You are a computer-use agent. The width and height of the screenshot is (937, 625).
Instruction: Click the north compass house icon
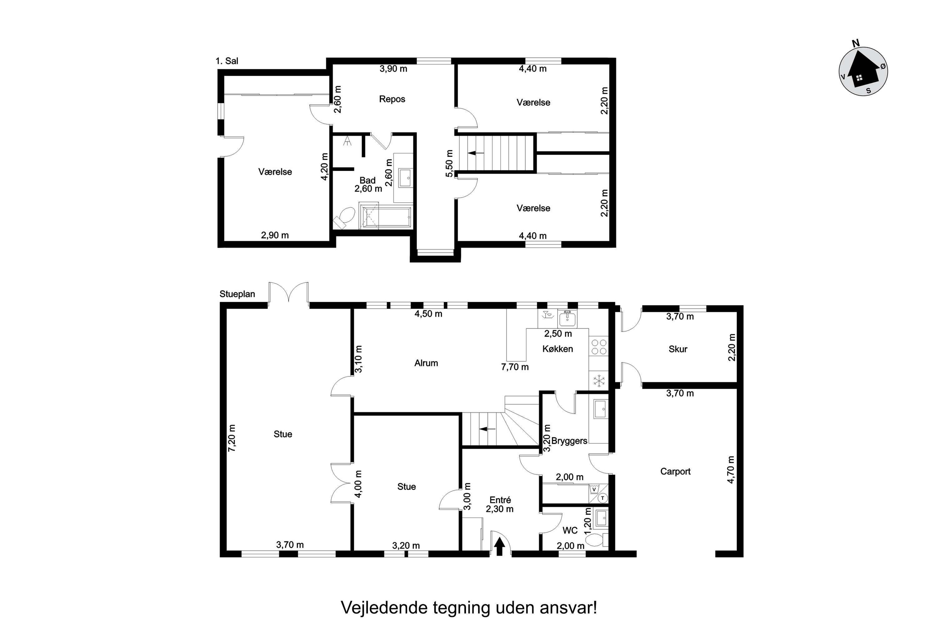(863, 72)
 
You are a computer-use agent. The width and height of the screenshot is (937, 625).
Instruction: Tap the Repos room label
(392, 99)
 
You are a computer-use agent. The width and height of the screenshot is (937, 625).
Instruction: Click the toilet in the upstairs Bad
(345, 217)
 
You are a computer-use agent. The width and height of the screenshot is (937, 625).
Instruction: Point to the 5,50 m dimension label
(449, 163)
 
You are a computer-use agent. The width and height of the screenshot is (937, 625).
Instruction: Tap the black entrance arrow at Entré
(499, 547)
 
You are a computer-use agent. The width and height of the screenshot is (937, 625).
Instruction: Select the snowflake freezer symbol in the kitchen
(599, 381)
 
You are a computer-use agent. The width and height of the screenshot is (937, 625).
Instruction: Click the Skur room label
(678, 349)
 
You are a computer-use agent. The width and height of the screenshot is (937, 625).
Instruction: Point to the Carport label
(675, 471)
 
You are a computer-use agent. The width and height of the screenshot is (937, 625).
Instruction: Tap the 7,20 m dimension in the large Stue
(232, 438)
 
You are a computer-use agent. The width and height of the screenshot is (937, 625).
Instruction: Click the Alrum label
(426, 363)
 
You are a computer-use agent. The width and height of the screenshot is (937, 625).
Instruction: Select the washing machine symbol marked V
(594, 489)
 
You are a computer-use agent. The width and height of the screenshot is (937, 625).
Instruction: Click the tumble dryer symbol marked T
(603, 498)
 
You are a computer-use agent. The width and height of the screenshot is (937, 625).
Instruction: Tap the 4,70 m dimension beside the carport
(731, 470)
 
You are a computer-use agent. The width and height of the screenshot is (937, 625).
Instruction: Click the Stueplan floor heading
(237, 294)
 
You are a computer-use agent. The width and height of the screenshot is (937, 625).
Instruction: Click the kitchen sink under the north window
(567, 319)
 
